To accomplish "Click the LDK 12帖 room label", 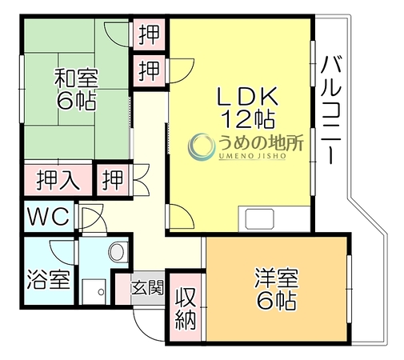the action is click(247, 107).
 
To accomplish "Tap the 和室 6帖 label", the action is click(76, 90).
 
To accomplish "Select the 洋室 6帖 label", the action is click(276, 290).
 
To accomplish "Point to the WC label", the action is click(49, 216).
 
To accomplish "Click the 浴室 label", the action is click(49, 280).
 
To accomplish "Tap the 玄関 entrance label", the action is click(147, 288).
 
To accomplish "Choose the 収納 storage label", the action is click(186, 308).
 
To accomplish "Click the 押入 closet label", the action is click(58, 180).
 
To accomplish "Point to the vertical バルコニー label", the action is click(331, 110).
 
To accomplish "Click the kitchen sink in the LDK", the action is click(260, 219).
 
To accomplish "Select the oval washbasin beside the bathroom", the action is click(116, 252).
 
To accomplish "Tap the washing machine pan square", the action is click(94, 292).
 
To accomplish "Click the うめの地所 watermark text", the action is click(261, 143).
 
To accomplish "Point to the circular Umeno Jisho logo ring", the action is click(202, 146).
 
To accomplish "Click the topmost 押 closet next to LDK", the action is click(149, 34).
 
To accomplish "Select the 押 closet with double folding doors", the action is click(113, 180).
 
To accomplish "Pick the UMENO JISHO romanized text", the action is click(252, 156).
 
